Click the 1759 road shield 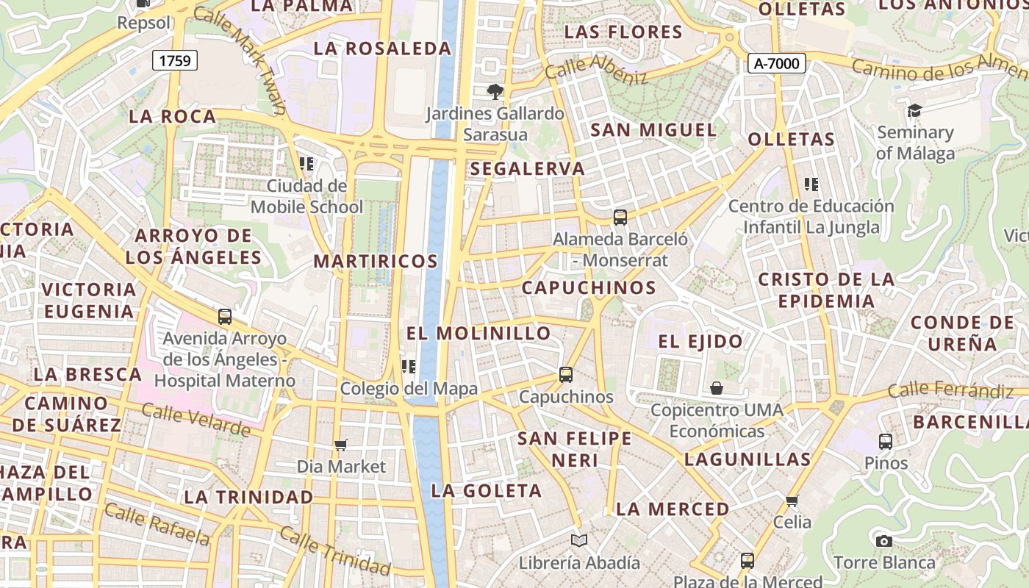[176, 60]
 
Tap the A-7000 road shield [777, 63]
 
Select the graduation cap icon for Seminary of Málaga [914, 110]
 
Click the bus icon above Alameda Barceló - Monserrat [620, 217]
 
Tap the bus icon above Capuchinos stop [566, 374]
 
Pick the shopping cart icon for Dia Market [340, 444]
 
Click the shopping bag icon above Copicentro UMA [717, 387]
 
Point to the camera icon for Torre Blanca [884, 541]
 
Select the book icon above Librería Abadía [579, 540]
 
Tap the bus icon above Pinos [886, 441]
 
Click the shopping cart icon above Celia [792, 501]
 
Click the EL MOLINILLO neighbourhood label [478, 333]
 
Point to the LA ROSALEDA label [382, 49]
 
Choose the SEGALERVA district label [527, 168]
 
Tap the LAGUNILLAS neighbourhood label [747, 459]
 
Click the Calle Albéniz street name [596, 69]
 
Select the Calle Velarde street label [196, 419]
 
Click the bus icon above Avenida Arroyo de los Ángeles [225, 317]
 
